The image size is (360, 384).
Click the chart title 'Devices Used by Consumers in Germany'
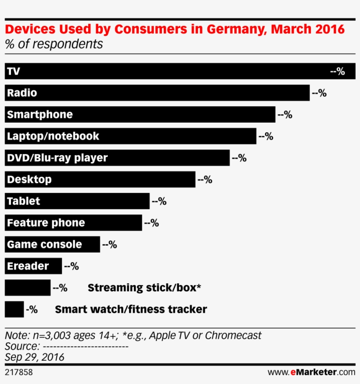point(174,29)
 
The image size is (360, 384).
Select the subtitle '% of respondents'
point(54,44)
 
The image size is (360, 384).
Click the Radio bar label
point(22,93)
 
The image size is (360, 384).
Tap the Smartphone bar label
point(40,115)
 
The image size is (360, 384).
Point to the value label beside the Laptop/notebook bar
point(266,136)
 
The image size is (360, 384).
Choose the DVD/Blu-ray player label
point(57,158)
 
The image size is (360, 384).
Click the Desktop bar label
point(29,179)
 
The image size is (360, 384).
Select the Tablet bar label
point(24,201)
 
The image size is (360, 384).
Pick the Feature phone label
point(46,223)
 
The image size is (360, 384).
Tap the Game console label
point(44,244)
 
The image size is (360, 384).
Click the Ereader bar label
point(28,266)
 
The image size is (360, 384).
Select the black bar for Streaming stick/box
point(28,288)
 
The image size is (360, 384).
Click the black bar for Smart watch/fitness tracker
point(14,309)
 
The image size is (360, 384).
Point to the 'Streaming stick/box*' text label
point(144,288)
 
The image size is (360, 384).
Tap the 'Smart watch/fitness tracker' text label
point(131,309)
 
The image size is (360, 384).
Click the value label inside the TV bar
point(338,71)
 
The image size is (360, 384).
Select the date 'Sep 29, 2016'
point(35,357)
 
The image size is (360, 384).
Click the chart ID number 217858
point(18,373)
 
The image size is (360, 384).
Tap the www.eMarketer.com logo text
point(311,373)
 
